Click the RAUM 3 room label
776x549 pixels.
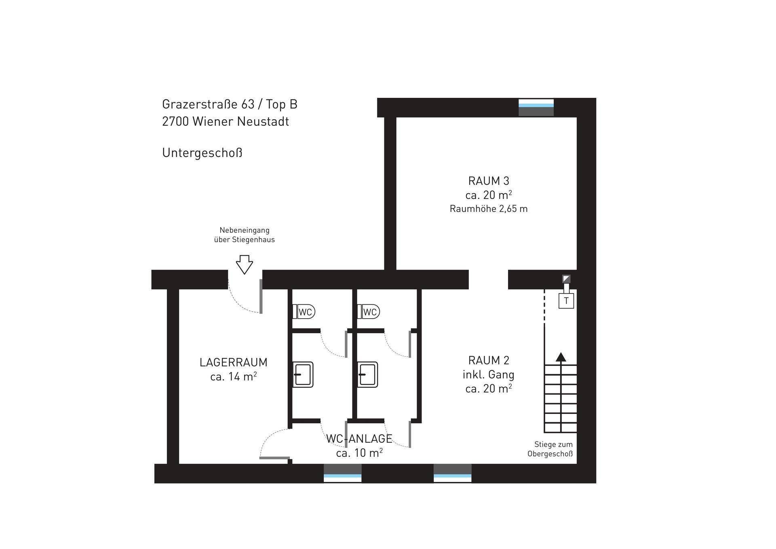(489, 181)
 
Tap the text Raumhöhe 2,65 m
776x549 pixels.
(489, 209)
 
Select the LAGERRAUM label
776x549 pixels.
(234, 362)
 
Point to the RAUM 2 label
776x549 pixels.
(489, 360)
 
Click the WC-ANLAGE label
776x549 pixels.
(359, 439)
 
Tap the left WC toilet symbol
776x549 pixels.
(304, 312)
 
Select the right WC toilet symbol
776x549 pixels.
(369, 312)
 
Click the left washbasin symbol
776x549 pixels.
(303, 374)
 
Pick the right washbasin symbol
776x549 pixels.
(368, 374)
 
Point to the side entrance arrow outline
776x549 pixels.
(245, 265)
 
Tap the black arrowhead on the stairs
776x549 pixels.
(561, 357)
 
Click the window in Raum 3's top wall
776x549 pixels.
(536, 108)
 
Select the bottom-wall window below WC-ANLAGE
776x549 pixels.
(343, 473)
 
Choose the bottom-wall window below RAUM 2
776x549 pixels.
(453, 473)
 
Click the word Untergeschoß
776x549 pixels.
(202, 153)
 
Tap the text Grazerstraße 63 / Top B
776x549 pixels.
(230, 104)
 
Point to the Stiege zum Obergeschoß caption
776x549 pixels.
(550, 449)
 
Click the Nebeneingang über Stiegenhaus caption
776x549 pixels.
(245, 235)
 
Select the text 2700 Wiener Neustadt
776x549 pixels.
(226, 121)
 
